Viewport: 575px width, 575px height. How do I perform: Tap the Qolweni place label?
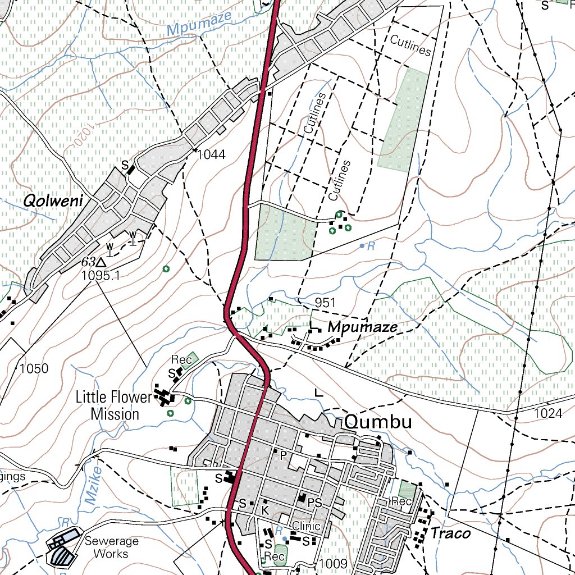(53, 200)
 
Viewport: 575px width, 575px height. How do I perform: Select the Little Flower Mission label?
(115, 406)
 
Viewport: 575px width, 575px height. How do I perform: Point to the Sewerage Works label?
(107, 547)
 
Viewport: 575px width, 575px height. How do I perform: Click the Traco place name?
(450, 533)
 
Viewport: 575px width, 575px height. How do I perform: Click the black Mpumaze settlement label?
(363, 327)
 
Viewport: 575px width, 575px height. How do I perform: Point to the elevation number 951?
(325, 303)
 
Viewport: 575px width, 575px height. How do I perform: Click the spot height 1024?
(548, 414)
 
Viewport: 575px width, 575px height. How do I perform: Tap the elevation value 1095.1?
(101, 276)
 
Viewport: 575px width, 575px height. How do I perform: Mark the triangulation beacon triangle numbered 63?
(101, 262)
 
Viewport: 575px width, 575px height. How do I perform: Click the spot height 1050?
(34, 369)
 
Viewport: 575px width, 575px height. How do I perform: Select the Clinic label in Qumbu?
(306, 526)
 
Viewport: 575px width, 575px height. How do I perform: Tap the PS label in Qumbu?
(315, 503)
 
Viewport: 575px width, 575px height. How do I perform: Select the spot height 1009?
(334, 563)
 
